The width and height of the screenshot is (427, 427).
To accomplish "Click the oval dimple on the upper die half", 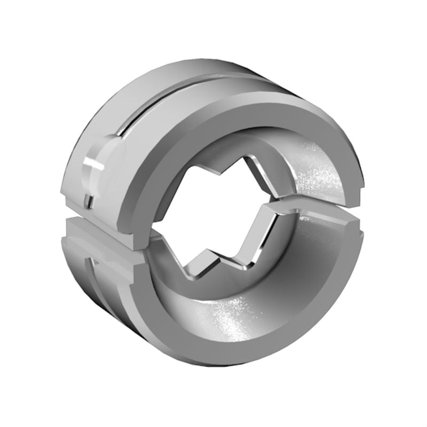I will [104, 160].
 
